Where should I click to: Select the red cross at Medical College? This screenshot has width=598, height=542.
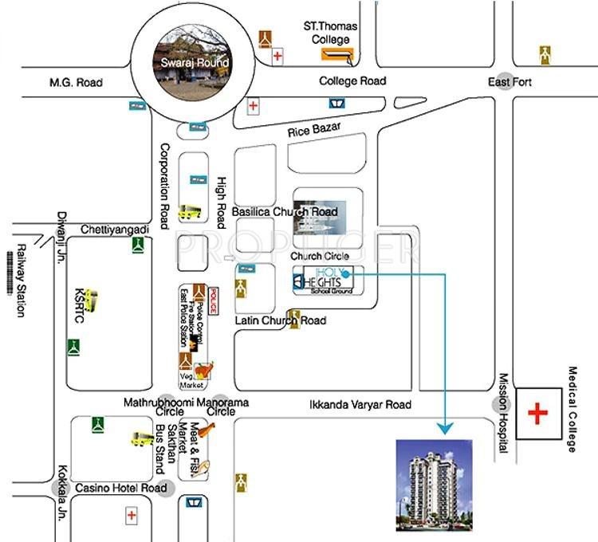[x=539, y=414]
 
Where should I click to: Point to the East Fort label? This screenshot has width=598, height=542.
[x=510, y=82]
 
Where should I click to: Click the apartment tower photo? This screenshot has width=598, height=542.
[x=434, y=485]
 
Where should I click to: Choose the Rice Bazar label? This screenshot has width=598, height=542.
[x=314, y=129]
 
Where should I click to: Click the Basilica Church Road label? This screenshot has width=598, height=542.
[x=285, y=212]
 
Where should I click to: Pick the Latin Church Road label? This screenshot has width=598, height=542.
[x=281, y=320]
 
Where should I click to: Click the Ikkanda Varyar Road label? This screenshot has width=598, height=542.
[x=360, y=405]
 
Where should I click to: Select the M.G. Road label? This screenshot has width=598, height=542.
[x=77, y=82]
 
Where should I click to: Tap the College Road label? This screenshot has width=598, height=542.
[x=352, y=81]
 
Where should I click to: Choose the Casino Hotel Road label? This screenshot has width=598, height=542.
[x=120, y=488]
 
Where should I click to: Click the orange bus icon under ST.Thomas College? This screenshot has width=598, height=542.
[x=337, y=53]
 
